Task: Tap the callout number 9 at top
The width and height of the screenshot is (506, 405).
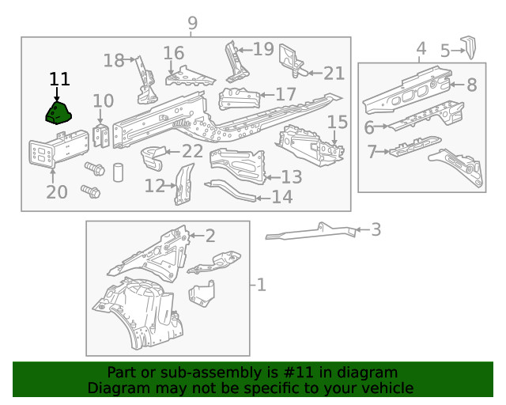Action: (192, 25)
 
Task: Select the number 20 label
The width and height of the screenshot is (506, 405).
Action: (57, 192)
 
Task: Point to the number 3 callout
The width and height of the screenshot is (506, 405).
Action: (376, 230)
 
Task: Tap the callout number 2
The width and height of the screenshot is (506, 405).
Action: (210, 235)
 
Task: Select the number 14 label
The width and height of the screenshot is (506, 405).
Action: (282, 197)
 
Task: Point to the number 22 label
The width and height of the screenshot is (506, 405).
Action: (192, 152)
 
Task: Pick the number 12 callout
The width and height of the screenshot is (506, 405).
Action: (155, 187)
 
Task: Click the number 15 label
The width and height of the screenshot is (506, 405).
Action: (338, 122)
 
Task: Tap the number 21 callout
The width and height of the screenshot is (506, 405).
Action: (334, 74)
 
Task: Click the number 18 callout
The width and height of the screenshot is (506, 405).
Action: (114, 60)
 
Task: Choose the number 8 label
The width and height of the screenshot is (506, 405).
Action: (471, 85)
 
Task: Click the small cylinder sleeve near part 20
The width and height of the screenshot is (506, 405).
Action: (117, 172)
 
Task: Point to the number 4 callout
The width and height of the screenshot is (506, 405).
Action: (421, 49)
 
